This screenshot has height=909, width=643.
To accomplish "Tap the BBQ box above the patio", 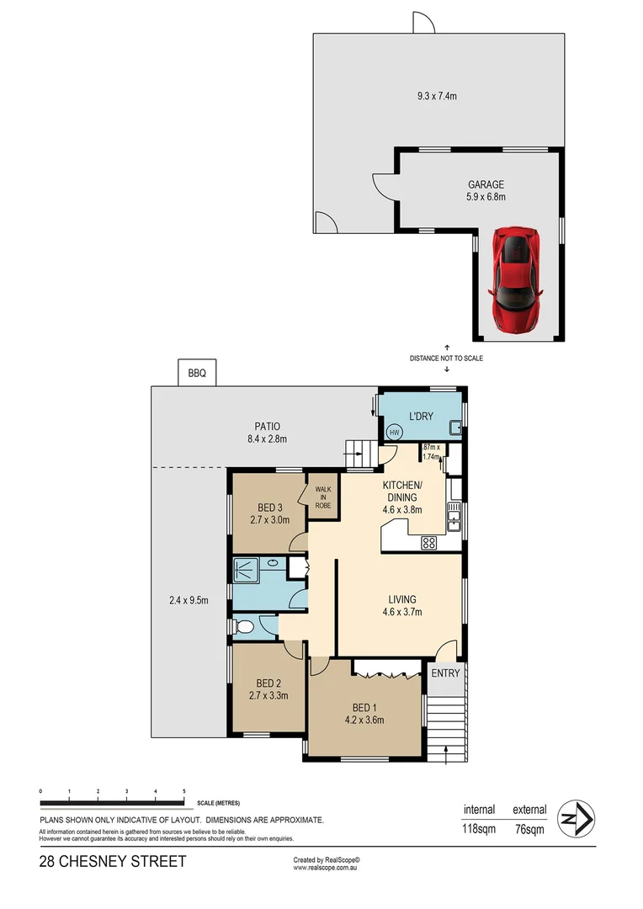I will tap(197, 371).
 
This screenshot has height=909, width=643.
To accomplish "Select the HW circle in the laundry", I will tap(393, 433).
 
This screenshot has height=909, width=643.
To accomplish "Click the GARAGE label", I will tap(486, 184).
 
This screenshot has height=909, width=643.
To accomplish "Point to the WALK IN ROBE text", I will tap(322, 497).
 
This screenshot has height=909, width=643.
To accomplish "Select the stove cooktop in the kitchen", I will tap(428, 543).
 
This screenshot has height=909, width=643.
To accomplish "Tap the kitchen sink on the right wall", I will tap(454, 518).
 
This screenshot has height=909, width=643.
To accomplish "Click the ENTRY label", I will tap(445, 672).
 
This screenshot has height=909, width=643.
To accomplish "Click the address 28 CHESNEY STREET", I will tap(112, 862).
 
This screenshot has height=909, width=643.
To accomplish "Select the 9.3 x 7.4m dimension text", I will tap(437, 96).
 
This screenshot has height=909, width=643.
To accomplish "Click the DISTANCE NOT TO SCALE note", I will tap(446, 358).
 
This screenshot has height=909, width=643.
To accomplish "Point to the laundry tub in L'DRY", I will tap(454, 428).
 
